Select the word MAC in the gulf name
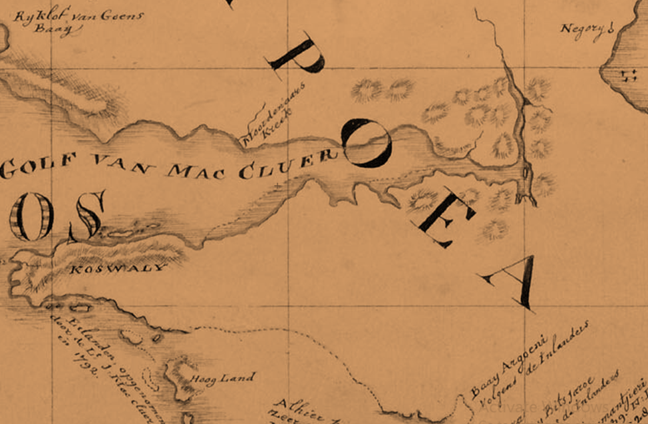[199, 171]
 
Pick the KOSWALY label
[116, 268]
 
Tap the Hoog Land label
[222, 379]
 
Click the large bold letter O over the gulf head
[366, 143]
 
